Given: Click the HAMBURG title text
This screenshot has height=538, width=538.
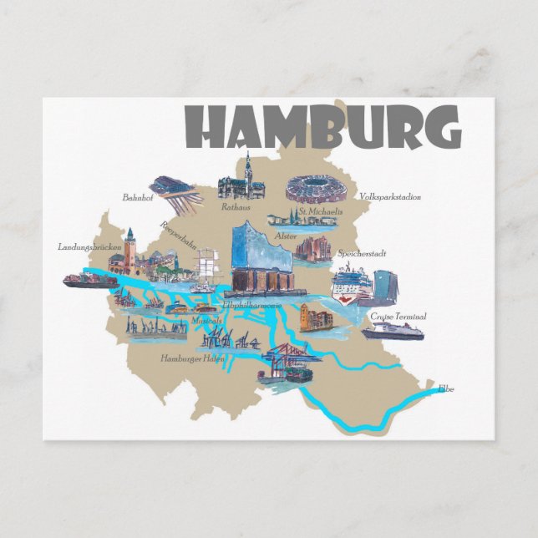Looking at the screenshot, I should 322,127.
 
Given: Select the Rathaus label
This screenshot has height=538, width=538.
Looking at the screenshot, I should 236,206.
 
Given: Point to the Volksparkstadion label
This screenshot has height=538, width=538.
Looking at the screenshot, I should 389,197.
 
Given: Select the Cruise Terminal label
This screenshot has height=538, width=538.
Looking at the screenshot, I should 399,317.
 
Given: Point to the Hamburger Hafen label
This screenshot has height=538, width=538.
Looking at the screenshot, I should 191,358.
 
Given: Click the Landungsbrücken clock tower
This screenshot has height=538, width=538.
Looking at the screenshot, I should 129,249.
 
